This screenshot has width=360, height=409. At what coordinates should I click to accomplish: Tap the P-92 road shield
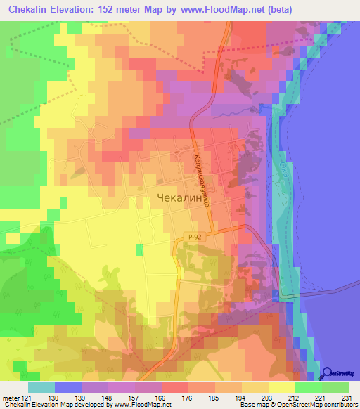point(196,238)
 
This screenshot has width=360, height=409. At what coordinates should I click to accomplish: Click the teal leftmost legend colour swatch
point(41,387)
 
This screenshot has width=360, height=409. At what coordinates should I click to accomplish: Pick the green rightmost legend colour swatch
point(335,387)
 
